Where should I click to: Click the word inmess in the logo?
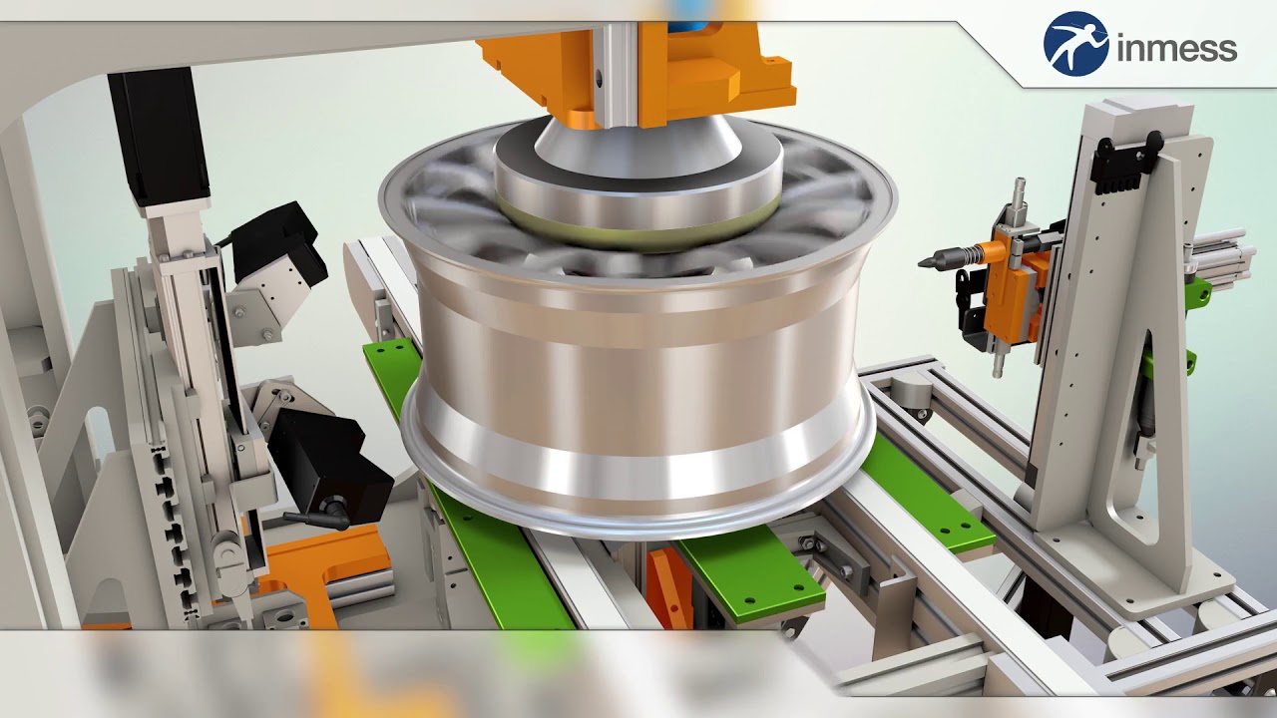(1177, 47)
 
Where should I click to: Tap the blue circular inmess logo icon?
(1075, 44)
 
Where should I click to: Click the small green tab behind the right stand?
(1199, 292)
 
